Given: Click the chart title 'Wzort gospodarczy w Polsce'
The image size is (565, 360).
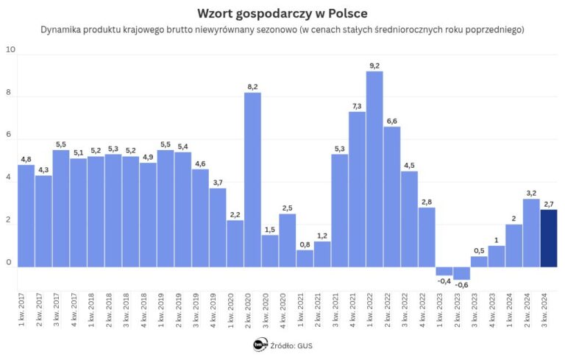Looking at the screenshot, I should click(x=282, y=14).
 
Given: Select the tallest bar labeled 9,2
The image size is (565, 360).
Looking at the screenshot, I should click(x=374, y=169).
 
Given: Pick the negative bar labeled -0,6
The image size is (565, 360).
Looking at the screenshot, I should click(x=461, y=273).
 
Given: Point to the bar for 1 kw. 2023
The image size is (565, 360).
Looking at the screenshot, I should click(x=444, y=271).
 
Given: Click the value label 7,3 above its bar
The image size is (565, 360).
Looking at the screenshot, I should click(x=357, y=106).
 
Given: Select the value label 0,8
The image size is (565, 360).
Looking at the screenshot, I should click(x=305, y=244).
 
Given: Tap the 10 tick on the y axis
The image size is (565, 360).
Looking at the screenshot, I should click(x=10, y=50).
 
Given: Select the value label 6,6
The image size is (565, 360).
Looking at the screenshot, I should click(x=392, y=121).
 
